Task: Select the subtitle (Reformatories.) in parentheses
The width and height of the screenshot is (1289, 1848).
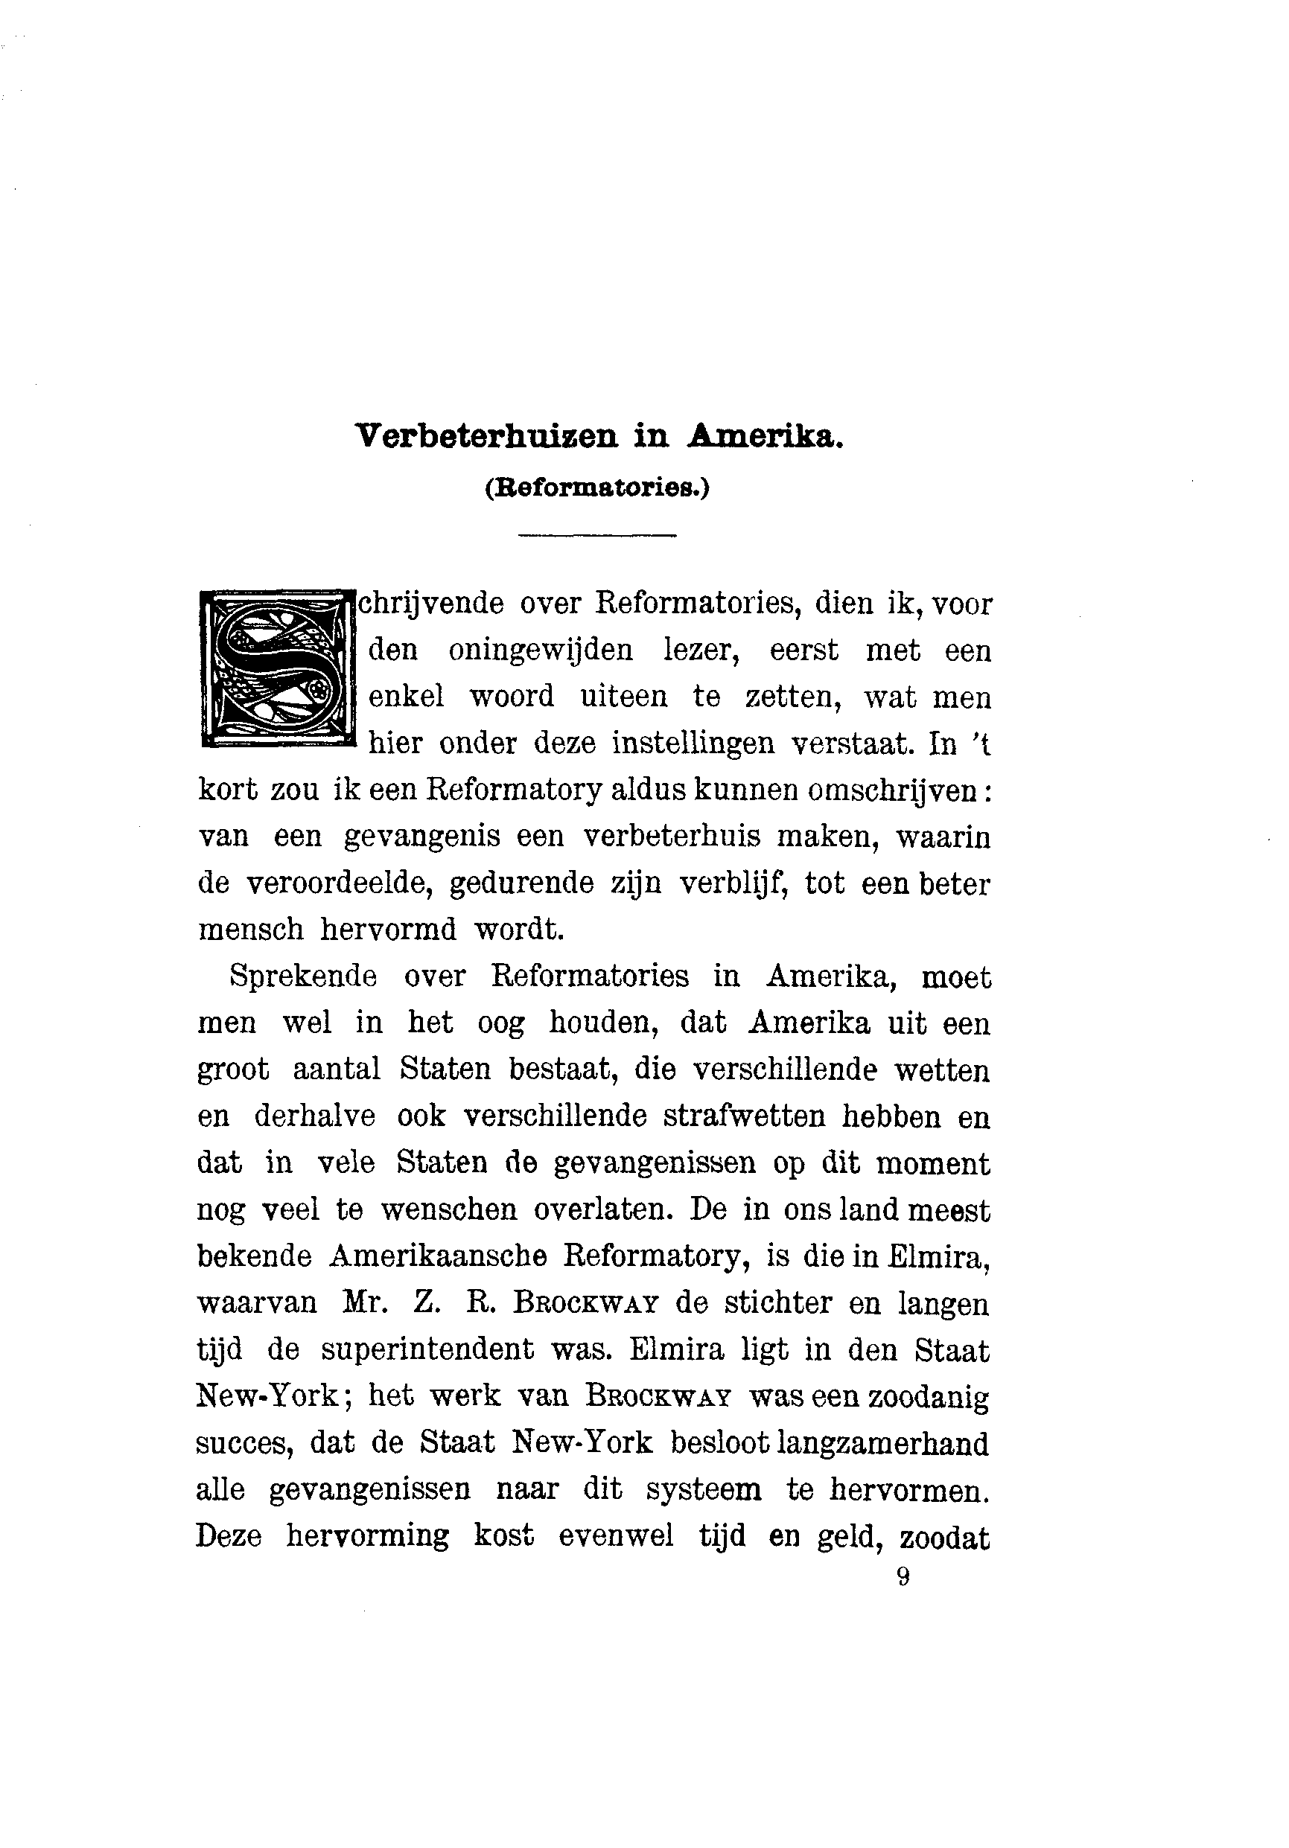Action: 596,488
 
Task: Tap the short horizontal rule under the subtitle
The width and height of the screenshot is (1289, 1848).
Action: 596,535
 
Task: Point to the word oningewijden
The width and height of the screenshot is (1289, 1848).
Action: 540,650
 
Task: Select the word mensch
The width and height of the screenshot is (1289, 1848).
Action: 250,930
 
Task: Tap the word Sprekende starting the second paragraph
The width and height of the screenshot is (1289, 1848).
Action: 303,976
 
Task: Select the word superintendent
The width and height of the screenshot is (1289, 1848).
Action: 427,1350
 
